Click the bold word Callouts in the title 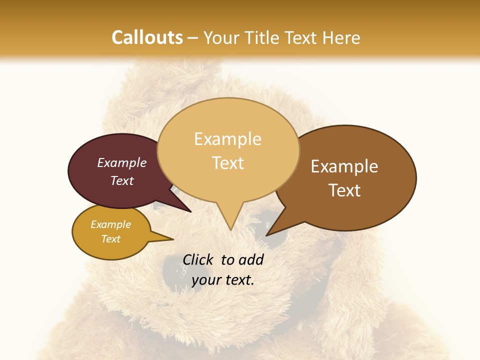point(147,37)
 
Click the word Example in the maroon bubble point(121,163)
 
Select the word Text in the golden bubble point(111,239)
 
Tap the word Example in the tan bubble point(227,139)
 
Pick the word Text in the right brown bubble point(345,190)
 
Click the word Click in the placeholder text point(198,259)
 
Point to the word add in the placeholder point(251,259)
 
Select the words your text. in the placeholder point(223,280)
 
